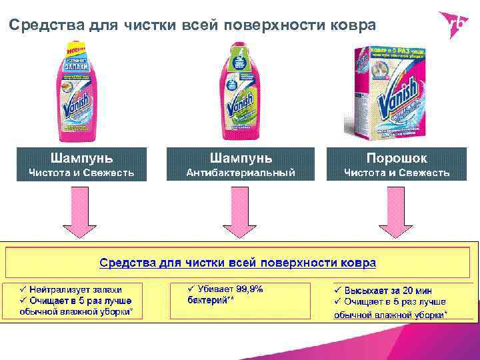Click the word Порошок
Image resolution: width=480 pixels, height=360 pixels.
click(397, 158)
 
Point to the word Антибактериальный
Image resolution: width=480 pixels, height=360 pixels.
click(241, 173)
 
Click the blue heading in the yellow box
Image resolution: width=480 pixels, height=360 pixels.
click(238, 262)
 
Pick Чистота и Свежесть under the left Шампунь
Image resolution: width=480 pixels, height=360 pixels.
click(81, 173)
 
